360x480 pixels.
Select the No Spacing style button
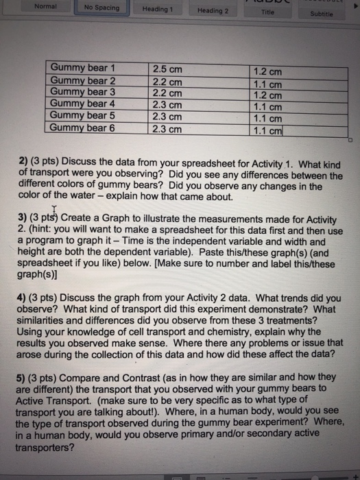(101, 8)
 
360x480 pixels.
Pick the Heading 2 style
(213, 11)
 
